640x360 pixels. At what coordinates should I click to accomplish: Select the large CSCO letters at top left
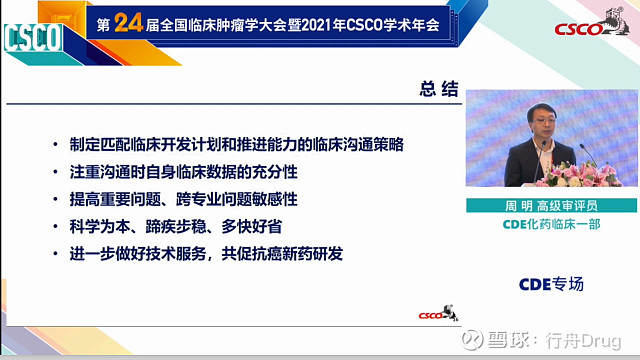[32, 39]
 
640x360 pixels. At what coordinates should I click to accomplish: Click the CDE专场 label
[550, 284]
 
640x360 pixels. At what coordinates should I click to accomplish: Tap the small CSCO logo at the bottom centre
[437, 317]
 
